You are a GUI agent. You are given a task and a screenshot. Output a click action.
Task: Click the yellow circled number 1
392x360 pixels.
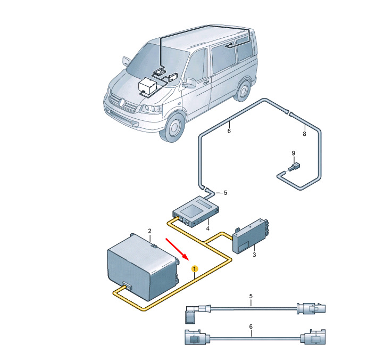pyautogui.click(x=195, y=269)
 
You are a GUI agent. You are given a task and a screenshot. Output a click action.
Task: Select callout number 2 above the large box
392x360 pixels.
pyautogui.click(x=149, y=231)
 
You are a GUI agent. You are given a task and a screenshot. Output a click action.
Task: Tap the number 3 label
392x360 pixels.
pyautogui.click(x=254, y=255)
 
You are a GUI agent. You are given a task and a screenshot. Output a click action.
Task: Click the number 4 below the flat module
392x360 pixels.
pyautogui.click(x=207, y=228)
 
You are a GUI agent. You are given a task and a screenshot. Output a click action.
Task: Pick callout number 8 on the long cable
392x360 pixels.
pyautogui.click(x=304, y=134)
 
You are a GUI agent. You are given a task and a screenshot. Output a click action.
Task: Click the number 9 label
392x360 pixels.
pyautogui.click(x=293, y=153)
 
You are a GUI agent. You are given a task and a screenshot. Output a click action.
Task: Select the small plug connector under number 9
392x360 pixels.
pyautogui.click(x=294, y=167)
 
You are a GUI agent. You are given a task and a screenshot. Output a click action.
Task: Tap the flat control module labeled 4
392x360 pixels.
pyautogui.click(x=196, y=211)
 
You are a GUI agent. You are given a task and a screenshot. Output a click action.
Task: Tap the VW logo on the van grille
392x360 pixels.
pyautogui.click(x=121, y=102)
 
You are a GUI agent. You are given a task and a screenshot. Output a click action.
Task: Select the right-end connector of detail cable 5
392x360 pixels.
pyautogui.click(x=311, y=308)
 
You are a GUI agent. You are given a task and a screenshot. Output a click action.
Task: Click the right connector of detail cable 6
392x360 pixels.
pyautogui.click(x=314, y=337)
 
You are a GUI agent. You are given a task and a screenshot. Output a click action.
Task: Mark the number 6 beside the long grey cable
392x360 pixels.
pyautogui.click(x=229, y=130)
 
